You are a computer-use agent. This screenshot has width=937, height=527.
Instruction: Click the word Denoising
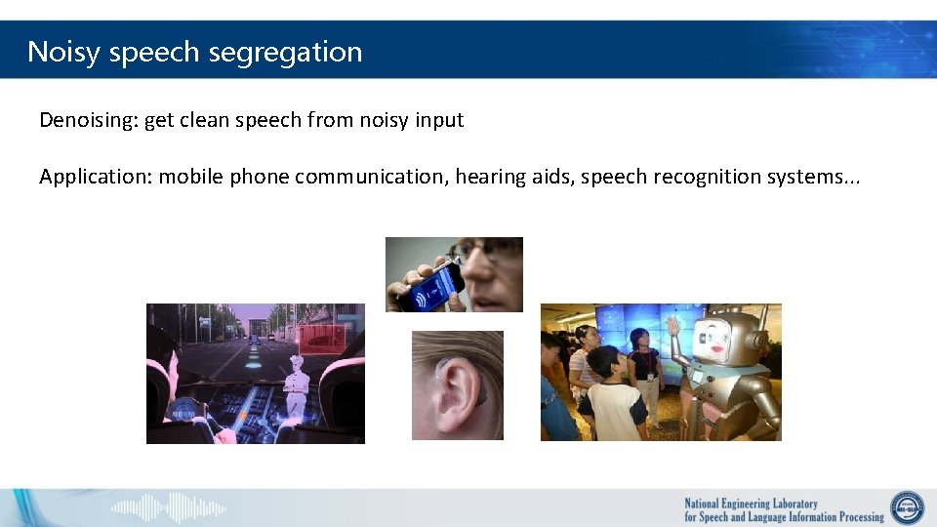[89, 121]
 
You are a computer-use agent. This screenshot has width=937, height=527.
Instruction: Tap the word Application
[95, 177]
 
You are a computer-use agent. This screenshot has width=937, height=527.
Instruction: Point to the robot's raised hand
[674, 324]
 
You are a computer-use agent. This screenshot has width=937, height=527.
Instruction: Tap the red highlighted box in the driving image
[320, 340]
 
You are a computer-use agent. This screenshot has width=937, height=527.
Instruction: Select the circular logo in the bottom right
[907, 508]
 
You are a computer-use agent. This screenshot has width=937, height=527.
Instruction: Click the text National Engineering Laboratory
[751, 504]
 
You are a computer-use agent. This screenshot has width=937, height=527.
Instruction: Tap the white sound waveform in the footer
[168, 508]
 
